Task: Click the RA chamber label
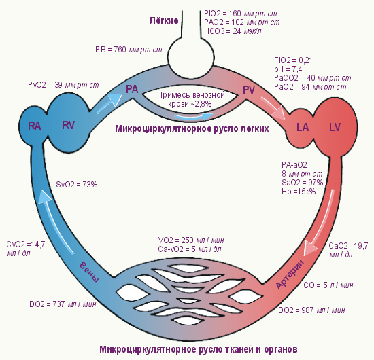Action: point(35,126)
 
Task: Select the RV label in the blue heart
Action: point(68,125)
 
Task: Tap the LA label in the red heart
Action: point(303,127)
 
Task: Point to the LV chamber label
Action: point(335,127)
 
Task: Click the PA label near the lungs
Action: point(132,90)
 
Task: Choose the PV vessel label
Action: point(249,90)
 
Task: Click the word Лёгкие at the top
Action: point(164,20)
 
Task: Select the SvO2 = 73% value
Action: point(77,185)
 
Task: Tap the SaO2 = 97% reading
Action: point(302,183)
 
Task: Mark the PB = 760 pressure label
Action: point(129,50)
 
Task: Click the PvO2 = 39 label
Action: point(63,85)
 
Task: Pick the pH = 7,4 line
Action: point(288,69)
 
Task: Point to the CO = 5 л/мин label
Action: point(328,285)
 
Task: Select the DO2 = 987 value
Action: point(311,310)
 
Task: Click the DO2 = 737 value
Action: point(63,304)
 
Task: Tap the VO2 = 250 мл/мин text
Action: point(191,240)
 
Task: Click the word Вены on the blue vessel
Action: point(89,272)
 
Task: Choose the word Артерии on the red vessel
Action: point(290,274)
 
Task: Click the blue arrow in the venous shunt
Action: point(194,116)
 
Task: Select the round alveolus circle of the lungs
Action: point(191,57)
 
